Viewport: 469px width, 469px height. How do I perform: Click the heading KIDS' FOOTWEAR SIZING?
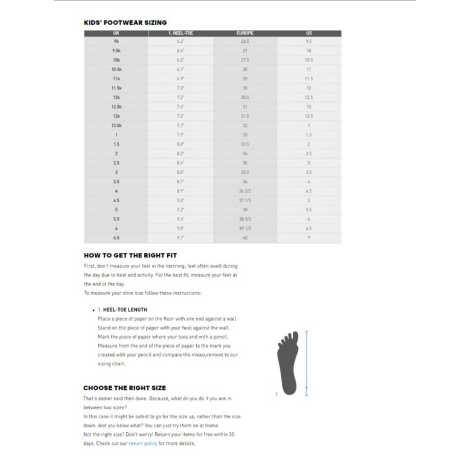coord(125,22)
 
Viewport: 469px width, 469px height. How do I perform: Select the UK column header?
coord(116,33)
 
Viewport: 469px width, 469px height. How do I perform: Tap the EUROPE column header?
coord(245,33)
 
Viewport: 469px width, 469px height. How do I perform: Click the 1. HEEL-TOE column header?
coord(180,33)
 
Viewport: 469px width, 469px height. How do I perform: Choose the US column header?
coord(309,33)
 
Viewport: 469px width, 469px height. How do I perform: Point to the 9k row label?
coord(116,42)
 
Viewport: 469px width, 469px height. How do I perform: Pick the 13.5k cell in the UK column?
coord(116,126)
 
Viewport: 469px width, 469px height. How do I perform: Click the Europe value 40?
coord(245,238)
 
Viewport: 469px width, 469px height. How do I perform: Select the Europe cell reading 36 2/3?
coord(245,191)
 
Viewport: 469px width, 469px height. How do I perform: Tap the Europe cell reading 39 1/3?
coord(245,229)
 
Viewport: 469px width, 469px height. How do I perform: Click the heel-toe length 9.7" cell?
coord(180,238)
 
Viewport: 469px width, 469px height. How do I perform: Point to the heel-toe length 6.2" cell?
coord(180,42)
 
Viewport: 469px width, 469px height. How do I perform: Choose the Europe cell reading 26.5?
coord(245,42)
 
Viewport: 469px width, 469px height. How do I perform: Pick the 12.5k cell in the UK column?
coord(116,107)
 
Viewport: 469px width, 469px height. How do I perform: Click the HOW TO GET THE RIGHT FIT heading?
coord(130,255)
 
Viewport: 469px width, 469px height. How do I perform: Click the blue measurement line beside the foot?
coord(307,363)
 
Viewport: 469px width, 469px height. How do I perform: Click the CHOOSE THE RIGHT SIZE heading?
coord(124,388)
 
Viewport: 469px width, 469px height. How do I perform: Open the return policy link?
coord(142,444)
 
